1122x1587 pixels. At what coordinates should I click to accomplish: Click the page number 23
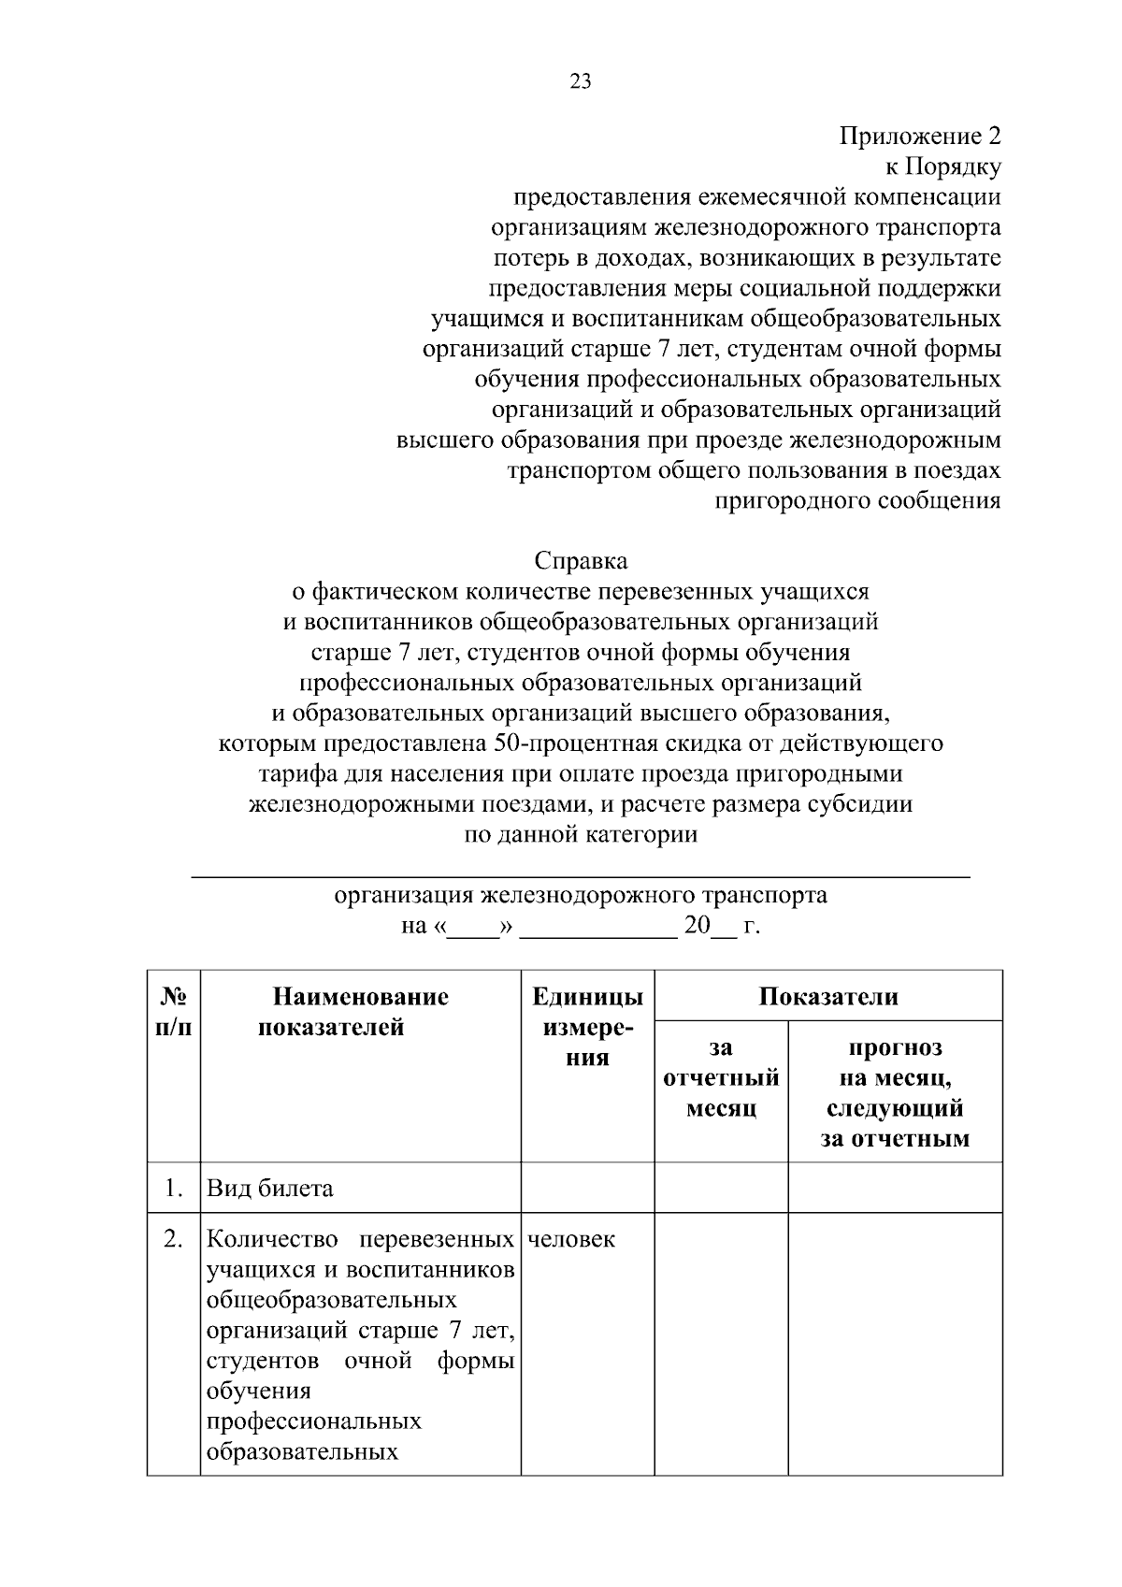pyautogui.click(x=580, y=81)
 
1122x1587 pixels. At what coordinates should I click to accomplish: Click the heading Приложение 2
pyautogui.click(x=919, y=137)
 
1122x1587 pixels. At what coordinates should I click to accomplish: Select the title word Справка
pyautogui.click(x=581, y=561)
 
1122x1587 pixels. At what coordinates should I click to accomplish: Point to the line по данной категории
pyautogui.click(x=581, y=834)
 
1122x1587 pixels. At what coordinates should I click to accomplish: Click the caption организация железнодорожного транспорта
pyautogui.click(x=581, y=895)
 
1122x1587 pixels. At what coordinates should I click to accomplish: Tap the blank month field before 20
pyautogui.click(x=598, y=928)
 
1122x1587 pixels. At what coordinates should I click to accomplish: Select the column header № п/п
pyautogui.click(x=174, y=1012)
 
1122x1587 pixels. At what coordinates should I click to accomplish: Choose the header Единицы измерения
pyautogui.click(x=587, y=1027)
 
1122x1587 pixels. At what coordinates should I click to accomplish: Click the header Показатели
pyautogui.click(x=827, y=996)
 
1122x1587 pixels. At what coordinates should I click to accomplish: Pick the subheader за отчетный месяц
pyautogui.click(x=721, y=1078)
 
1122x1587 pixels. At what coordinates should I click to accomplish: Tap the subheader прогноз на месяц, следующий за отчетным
pyautogui.click(x=895, y=1093)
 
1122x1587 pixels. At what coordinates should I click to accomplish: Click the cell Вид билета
pyautogui.click(x=270, y=1189)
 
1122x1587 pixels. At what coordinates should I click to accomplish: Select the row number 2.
pyautogui.click(x=173, y=1240)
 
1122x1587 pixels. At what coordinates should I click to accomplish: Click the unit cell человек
pyautogui.click(x=571, y=1240)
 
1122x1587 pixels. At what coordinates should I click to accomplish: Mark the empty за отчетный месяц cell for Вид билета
pyautogui.click(x=721, y=1188)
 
